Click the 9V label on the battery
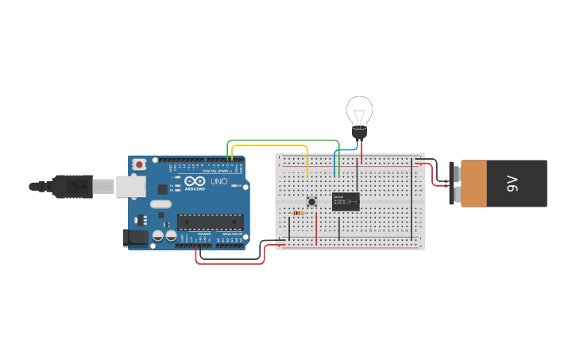pyautogui.click(x=512, y=184)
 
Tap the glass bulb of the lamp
pyautogui.click(x=359, y=109)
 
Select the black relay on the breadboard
pyautogui.click(x=346, y=201)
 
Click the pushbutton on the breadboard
pyautogui.click(x=312, y=201)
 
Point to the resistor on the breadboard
pyautogui.click(x=299, y=213)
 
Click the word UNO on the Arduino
pyautogui.click(x=218, y=182)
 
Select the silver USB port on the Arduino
pyautogui.click(x=130, y=186)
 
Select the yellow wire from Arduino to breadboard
pyautogui.click(x=270, y=145)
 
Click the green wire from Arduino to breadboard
pyautogui.click(x=278, y=140)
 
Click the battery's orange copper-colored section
pyautogui.click(x=474, y=184)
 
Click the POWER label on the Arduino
pyautogui.click(x=204, y=234)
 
